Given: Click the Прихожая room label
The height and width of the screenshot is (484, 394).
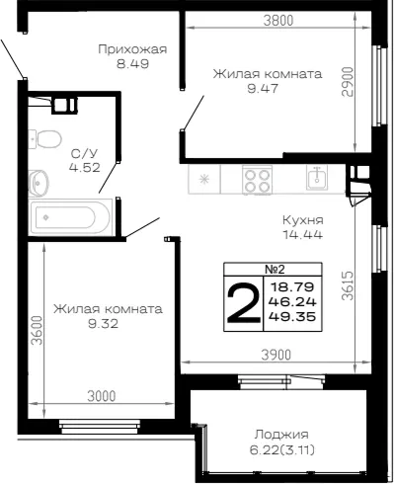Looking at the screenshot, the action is [x=132, y=49].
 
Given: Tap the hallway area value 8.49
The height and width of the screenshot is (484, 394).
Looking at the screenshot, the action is [x=132, y=63].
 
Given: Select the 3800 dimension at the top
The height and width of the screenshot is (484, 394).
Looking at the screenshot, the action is [x=278, y=21].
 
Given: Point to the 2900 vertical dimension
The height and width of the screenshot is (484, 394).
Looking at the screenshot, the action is [x=348, y=82].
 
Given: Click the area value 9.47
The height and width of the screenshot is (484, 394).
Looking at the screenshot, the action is [x=263, y=88].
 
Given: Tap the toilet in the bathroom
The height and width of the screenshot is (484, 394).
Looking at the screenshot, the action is [x=45, y=139].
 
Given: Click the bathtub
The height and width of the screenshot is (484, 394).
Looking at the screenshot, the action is [x=70, y=217].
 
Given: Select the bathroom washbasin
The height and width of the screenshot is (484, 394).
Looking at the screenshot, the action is [x=39, y=183].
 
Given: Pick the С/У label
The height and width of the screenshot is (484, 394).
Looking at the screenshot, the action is [x=85, y=154].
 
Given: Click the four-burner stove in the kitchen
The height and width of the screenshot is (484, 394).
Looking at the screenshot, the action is [x=258, y=180].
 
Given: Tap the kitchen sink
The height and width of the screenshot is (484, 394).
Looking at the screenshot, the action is [x=317, y=178].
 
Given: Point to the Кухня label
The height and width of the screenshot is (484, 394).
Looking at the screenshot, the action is [x=303, y=220].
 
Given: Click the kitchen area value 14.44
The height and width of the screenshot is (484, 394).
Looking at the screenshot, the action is [x=302, y=235].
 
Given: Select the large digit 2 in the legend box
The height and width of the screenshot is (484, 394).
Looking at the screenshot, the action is [x=244, y=303].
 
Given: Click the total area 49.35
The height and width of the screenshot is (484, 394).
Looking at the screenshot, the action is [x=292, y=317].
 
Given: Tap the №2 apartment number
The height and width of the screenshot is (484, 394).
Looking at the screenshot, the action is [x=275, y=269].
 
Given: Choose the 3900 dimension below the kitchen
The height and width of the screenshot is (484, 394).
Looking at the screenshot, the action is [x=276, y=355].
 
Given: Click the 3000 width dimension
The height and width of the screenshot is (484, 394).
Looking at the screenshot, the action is [x=102, y=396].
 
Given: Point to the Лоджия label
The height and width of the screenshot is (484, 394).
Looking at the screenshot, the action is [x=281, y=435].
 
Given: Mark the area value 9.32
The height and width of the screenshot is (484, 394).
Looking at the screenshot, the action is [x=103, y=324].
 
